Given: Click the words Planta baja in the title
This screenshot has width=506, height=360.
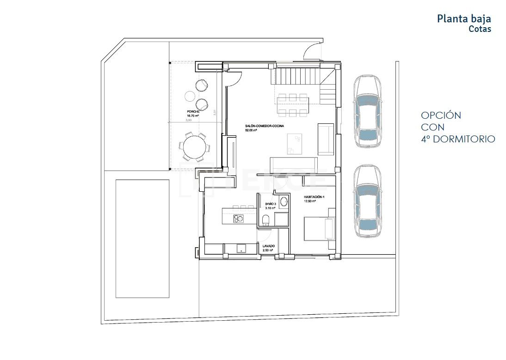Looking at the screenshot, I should pyautogui.click(x=463, y=19).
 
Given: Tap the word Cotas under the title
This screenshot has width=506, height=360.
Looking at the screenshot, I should pyautogui.click(x=480, y=29).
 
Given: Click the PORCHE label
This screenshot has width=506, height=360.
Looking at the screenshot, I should pyautogui.click(x=193, y=112).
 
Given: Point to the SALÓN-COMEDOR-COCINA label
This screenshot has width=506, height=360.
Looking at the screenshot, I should pyautogui.click(x=264, y=126).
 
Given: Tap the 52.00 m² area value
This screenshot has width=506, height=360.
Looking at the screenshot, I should pyautogui.click(x=251, y=130).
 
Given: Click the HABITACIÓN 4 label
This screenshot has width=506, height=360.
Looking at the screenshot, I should pyautogui.click(x=314, y=197).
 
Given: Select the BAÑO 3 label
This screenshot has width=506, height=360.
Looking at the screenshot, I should pyautogui.click(x=271, y=204).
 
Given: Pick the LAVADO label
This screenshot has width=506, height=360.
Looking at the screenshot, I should pyautogui.click(x=269, y=246).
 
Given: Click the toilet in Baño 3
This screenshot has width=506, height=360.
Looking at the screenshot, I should pyautogui.click(x=266, y=219).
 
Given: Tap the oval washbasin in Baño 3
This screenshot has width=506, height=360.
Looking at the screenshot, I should pyautogui.click(x=284, y=201).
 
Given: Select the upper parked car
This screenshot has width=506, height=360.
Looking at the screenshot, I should pyautogui.click(x=368, y=111).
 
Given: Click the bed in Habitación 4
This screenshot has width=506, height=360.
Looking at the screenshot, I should pyautogui.click(x=319, y=228).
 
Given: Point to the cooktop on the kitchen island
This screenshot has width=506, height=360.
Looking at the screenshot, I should pyautogui.click(x=239, y=218).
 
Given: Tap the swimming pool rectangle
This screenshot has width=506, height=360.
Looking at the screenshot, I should pyautogui.click(x=142, y=238).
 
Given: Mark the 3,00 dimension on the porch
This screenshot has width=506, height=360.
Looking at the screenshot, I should pyautogui.click(x=189, y=120).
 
